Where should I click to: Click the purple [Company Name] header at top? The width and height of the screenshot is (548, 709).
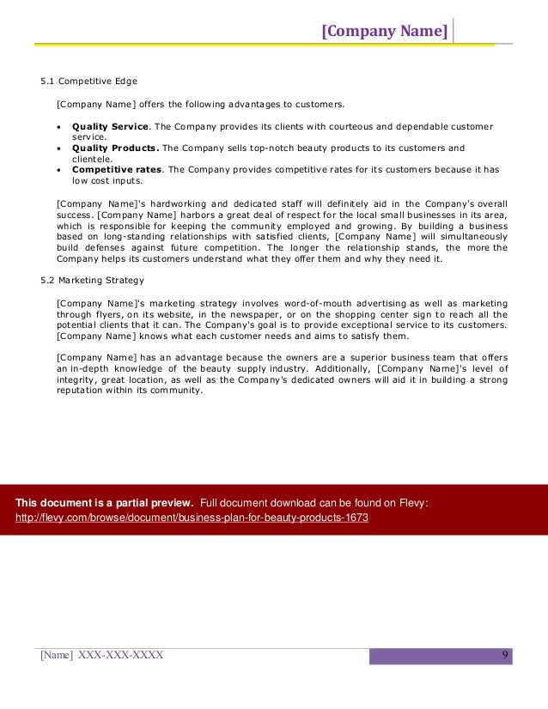(x=384, y=33)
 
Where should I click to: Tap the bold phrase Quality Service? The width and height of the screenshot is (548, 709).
(x=110, y=127)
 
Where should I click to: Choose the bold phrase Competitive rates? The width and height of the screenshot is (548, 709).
(x=117, y=169)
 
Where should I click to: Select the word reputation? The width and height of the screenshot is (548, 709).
(x=83, y=390)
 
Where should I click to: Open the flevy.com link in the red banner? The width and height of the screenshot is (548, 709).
(x=192, y=518)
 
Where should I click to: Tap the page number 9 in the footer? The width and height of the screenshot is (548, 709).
(x=505, y=656)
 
